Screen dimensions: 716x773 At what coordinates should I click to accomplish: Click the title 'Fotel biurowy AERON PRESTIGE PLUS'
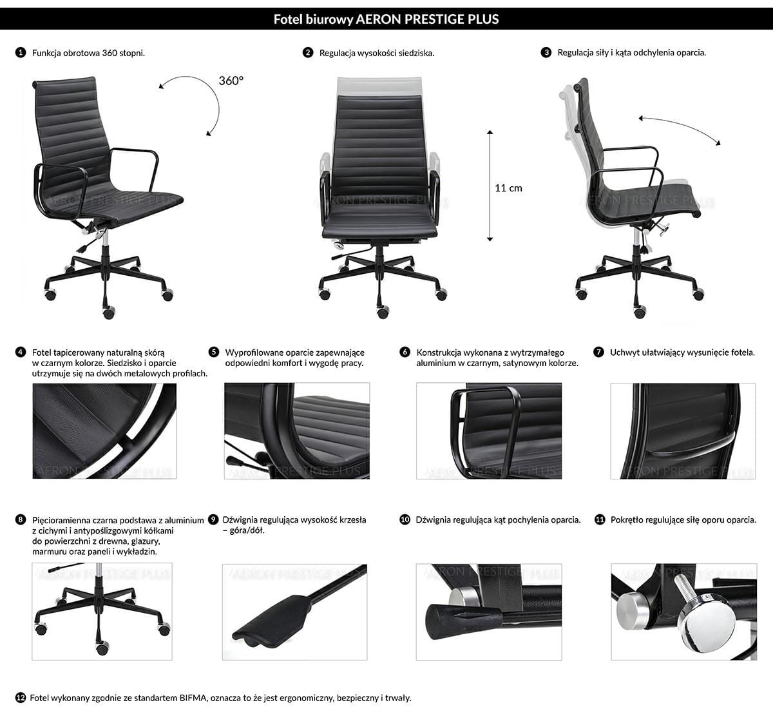coord(386,19)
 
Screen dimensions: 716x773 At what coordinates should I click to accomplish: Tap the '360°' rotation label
coord(231,81)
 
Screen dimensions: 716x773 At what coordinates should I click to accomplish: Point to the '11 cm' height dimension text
coord(508,188)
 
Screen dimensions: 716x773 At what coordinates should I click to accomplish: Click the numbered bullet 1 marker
coord(21,52)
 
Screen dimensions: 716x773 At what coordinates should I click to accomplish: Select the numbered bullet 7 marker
coord(599,352)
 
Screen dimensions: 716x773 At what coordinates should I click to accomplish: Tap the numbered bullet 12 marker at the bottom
coord(21,697)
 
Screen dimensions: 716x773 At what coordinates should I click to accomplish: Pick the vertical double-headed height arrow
coord(490,186)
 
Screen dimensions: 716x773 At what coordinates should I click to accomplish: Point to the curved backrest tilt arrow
coord(680,128)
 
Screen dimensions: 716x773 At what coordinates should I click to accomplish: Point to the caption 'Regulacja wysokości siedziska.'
coord(377,53)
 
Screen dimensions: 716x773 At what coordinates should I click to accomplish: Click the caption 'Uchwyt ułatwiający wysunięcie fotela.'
coord(682,352)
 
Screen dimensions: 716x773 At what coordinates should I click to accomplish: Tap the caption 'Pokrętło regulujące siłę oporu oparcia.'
coord(683,519)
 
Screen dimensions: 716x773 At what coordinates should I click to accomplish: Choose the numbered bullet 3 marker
coord(546,52)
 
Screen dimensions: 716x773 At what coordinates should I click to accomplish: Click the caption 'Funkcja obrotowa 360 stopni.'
coord(88,53)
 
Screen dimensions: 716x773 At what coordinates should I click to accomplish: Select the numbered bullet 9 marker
coord(214,519)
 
